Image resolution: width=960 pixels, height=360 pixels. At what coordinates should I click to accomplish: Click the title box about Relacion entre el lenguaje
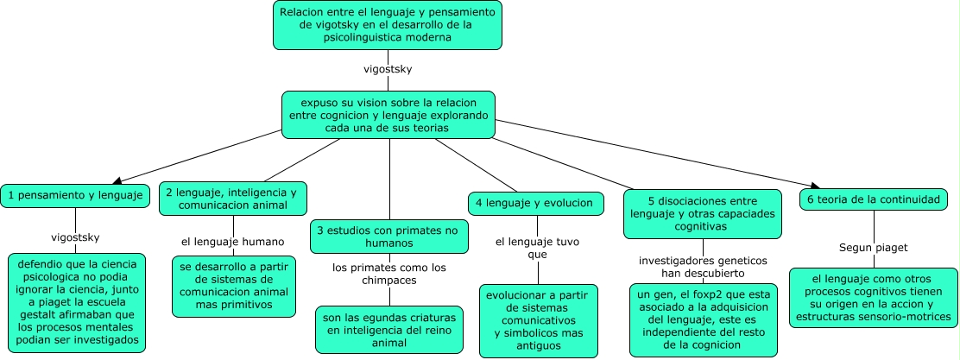(x=387, y=25)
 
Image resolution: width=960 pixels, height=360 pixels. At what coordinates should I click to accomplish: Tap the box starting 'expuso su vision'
(x=388, y=115)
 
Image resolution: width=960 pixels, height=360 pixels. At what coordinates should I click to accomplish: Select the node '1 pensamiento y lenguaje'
(x=74, y=195)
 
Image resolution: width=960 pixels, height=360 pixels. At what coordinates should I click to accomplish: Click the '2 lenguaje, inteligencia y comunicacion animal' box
(x=233, y=199)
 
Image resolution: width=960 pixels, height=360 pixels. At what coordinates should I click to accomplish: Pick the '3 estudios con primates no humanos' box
(x=389, y=237)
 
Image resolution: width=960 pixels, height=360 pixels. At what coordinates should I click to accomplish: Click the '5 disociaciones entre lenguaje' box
(x=703, y=213)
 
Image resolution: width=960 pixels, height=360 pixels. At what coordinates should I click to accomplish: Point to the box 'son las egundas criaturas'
(x=388, y=329)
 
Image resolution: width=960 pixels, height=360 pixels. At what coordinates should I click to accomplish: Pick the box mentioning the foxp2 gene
(x=702, y=320)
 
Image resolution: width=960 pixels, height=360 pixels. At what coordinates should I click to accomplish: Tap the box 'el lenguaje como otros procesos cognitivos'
(x=874, y=298)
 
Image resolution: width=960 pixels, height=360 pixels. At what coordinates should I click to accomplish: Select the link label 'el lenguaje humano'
(x=233, y=241)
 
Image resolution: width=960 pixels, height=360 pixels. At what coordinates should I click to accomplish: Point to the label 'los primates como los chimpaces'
(x=389, y=274)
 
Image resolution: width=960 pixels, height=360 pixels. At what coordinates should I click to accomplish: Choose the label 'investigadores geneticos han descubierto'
(x=702, y=266)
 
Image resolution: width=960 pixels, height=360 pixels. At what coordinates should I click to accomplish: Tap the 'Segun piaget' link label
(x=874, y=247)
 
